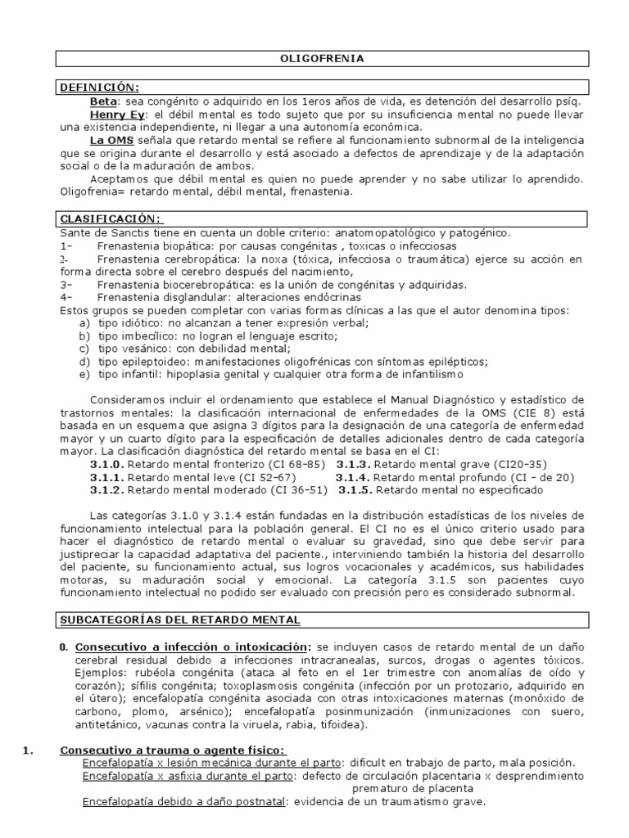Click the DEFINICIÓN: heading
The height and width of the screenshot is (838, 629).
point(97,88)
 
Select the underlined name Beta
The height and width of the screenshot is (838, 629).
point(104,101)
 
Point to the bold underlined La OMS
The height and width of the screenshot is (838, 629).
point(111,140)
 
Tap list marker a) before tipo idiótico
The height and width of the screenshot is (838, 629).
point(84,323)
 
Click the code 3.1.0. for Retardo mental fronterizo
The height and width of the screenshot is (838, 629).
point(106,463)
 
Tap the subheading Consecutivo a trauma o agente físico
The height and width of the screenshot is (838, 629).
point(173,750)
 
